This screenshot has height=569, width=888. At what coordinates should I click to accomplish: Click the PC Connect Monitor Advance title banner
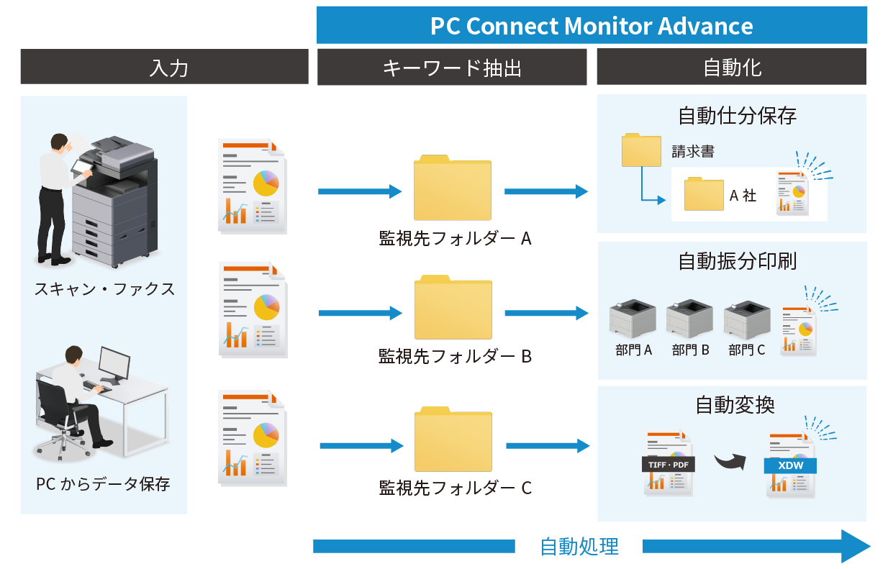pyautogui.click(x=592, y=26)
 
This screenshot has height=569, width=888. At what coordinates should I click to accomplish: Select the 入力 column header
pyautogui.click(x=164, y=68)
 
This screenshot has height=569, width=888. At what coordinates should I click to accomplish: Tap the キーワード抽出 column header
pyautogui.click(x=452, y=68)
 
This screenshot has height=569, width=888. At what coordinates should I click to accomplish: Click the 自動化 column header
pyautogui.click(x=731, y=68)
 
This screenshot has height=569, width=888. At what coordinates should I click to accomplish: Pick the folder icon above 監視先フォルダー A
pyautogui.click(x=452, y=188)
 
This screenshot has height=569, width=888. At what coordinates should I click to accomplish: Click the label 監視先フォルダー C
pyautogui.click(x=455, y=488)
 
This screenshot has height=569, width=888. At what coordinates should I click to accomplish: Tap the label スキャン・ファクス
pyautogui.click(x=104, y=289)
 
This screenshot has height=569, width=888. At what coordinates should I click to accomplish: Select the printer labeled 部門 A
pyautogui.click(x=633, y=319)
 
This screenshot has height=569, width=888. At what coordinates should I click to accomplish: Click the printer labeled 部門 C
pyautogui.click(x=747, y=319)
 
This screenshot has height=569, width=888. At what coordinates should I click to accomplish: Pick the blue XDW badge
pyautogui.click(x=790, y=466)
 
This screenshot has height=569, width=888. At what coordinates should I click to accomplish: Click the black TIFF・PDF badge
pyautogui.click(x=669, y=465)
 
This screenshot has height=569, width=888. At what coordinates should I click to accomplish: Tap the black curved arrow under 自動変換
pyautogui.click(x=730, y=460)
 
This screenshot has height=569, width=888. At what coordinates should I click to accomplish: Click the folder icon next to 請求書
pyautogui.click(x=641, y=150)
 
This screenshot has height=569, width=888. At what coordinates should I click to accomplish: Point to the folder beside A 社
pyautogui.click(x=704, y=194)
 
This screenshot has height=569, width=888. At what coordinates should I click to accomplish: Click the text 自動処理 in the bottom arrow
pyautogui.click(x=579, y=547)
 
